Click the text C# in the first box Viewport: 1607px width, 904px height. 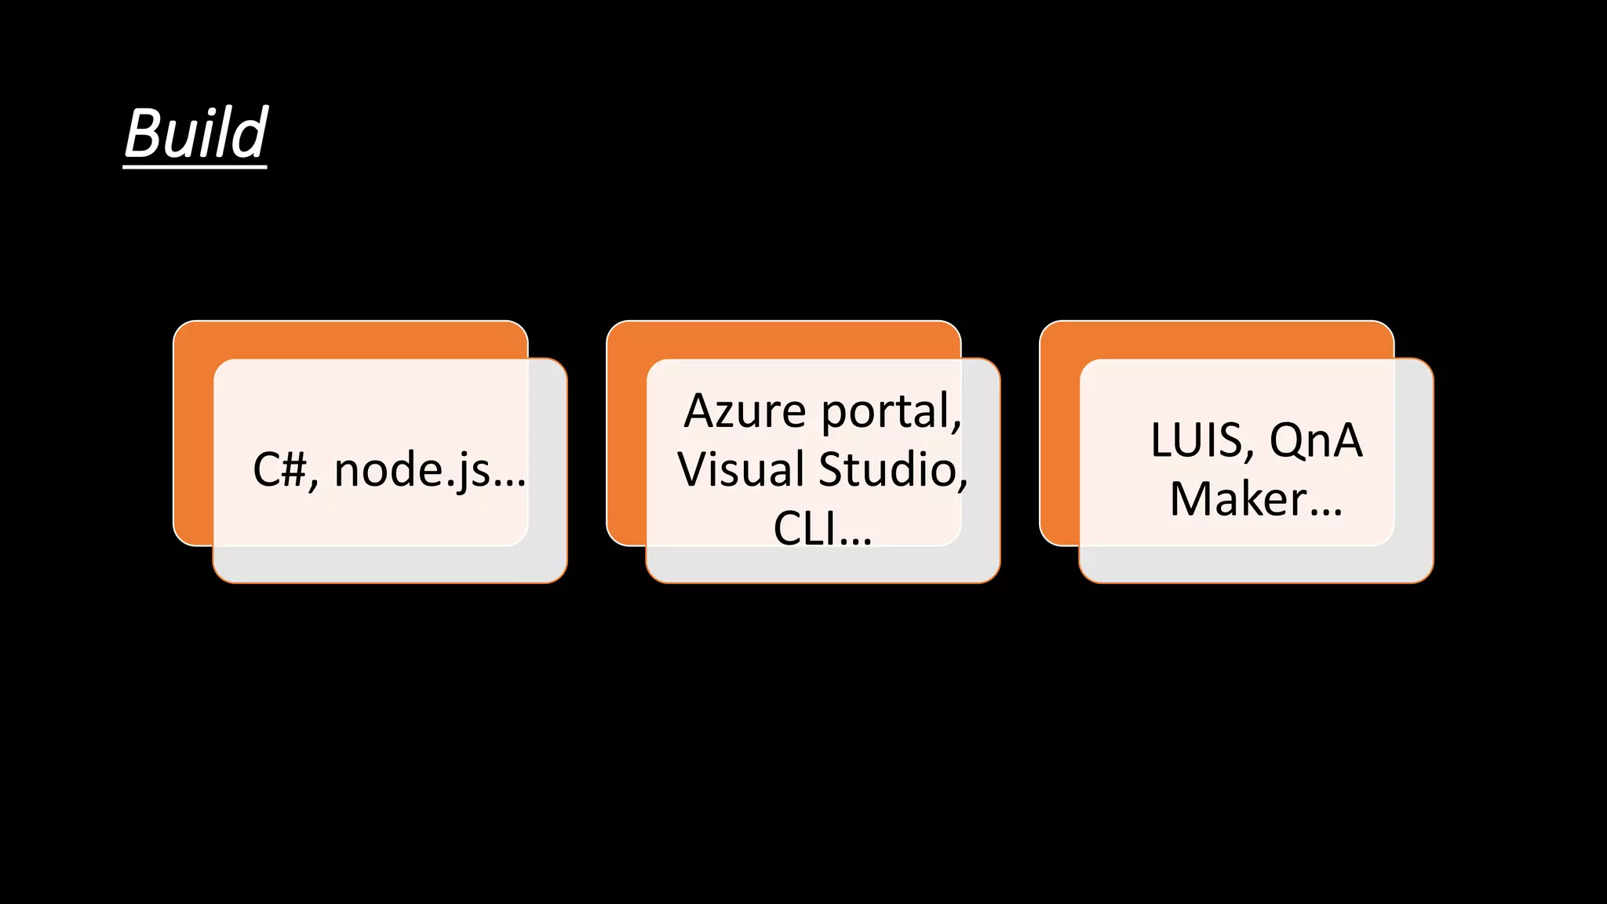(x=279, y=471)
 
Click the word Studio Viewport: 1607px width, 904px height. (x=892, y=469)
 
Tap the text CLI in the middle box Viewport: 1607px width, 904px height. (x=803, y=527)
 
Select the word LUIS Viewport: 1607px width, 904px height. (x=1201, y=440)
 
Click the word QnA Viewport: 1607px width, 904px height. (x=1316, y=440)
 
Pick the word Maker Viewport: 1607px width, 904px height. (x=1237, y=499)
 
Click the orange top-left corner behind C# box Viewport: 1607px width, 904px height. (x=192, y=339)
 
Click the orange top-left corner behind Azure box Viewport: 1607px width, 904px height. (x=625, y=339)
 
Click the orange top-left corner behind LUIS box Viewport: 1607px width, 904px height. (x=1059, y=339)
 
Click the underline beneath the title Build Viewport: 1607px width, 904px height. (x=195, y=165)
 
